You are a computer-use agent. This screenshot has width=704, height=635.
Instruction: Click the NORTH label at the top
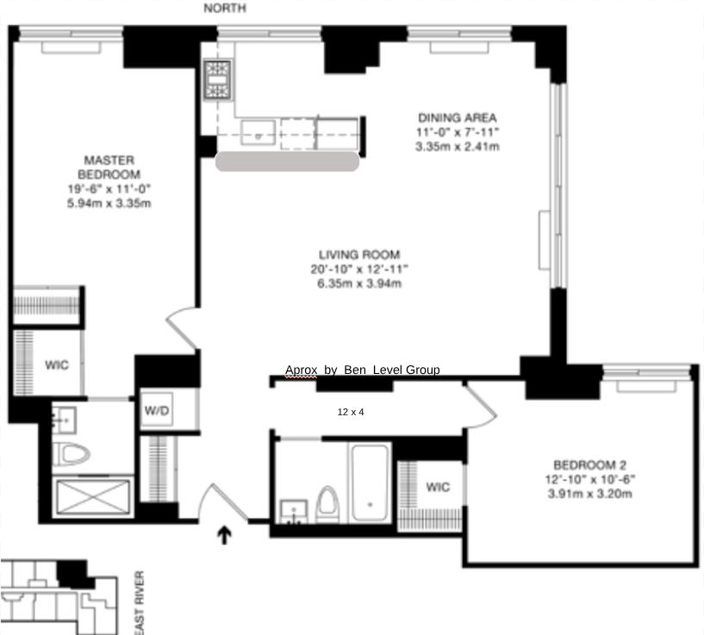[225, 8]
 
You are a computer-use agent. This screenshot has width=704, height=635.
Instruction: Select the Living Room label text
[359, 254]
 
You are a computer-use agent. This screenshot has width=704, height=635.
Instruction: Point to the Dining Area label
[458, 117]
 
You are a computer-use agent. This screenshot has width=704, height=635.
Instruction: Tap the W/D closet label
[158, 411]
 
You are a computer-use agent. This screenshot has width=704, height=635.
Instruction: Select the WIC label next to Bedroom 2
[438, 487]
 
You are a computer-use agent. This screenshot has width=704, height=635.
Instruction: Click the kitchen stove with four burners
[215, 79]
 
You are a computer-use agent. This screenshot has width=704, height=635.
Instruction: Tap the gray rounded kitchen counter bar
[287, 161]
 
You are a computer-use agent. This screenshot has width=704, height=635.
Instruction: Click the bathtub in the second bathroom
[371, 481]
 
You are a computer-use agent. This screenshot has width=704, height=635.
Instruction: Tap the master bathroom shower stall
[93, 495]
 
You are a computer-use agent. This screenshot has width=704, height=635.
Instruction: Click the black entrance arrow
[225, 536]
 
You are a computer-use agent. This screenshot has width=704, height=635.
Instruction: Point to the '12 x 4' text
[351, 412]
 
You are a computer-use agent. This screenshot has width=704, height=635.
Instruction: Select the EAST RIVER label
[139, 602]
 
